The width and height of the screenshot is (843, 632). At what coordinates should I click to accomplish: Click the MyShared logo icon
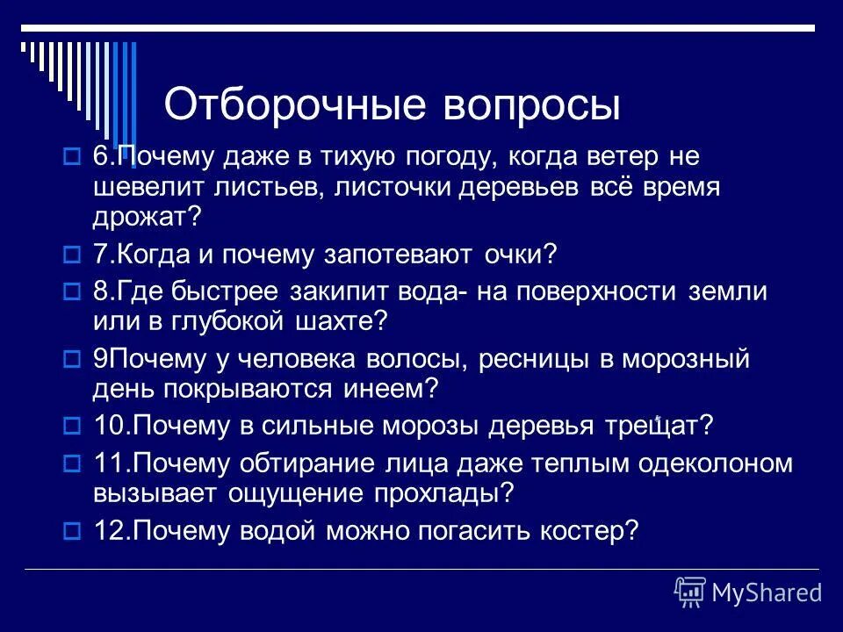tap(690, 592)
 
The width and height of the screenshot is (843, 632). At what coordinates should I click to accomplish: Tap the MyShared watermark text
tap(767, 593)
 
